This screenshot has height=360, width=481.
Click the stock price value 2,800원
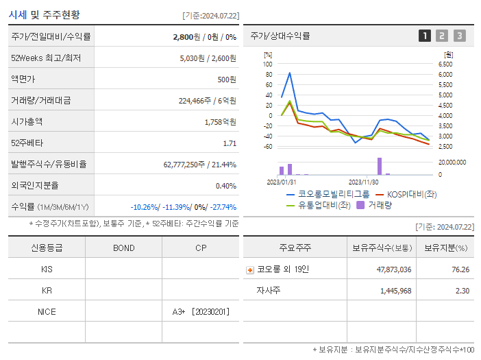186,36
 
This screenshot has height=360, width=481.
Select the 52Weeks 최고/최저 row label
46,58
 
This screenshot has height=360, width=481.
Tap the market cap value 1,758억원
220,121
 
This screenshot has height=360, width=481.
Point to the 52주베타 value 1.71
230,143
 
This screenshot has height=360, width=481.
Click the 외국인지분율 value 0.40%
226,185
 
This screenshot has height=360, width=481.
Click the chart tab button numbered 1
425,36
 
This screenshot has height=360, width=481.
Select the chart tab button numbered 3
459,36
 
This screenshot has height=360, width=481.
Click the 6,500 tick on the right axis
445,64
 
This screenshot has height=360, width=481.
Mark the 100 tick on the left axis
268,64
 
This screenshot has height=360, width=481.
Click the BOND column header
123,248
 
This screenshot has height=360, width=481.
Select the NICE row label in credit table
47,311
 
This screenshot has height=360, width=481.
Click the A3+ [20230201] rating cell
201,311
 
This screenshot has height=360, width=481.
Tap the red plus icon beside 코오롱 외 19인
250,270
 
